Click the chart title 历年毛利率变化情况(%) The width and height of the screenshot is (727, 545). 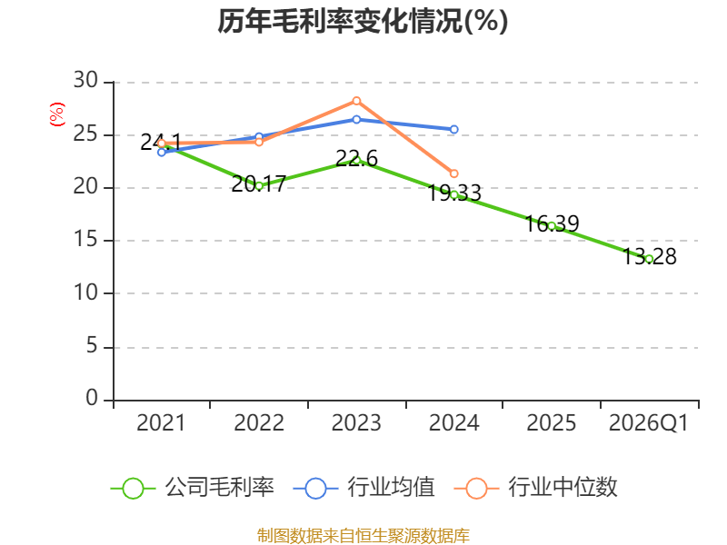pos(363,21)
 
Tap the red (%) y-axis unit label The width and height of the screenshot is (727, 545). pos(57,115)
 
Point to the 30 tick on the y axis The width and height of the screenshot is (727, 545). pos(85,82)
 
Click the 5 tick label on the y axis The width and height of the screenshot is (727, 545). pos(91,347)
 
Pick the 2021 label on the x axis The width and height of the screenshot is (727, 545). pos(161,423)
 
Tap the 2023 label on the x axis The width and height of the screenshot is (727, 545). pos(356,423)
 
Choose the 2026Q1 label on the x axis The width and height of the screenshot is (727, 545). pos(649,423)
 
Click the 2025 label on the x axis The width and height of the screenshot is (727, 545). pos(552,423)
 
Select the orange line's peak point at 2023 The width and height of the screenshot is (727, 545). pos(356,101)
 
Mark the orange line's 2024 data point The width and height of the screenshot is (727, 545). pos(454,173)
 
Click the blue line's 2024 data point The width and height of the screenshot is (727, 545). pos(454,130)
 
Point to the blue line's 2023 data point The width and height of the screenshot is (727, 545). pos(356,119)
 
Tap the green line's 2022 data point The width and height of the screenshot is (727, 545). pos(259,185)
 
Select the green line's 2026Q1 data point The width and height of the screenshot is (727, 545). pos(649,259)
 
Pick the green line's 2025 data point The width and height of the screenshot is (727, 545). pos(552,225)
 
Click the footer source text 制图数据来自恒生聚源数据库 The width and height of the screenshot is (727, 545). pos(363,535)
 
